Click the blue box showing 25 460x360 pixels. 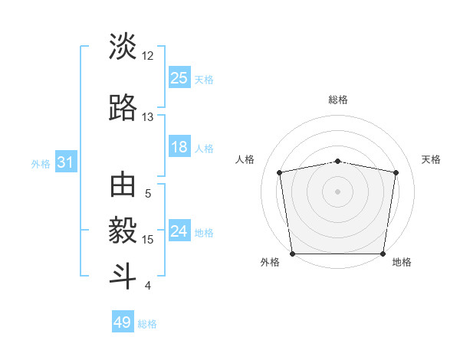coord(179,77)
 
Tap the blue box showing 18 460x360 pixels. coord(179,147)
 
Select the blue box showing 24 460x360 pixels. coord(179,231)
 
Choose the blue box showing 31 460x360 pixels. coord(64,162)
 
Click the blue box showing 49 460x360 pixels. coord(123,322)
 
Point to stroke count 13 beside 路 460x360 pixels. coord(147,117)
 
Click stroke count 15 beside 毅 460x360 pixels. coord(148,240)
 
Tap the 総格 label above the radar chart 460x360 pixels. coord(338,100)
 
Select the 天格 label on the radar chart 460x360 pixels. coord(432,159)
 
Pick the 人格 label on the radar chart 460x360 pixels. coord(245,159)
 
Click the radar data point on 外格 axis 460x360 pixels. coord(292,254)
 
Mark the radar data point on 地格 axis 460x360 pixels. coord(383,254)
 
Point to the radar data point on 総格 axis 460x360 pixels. coord(338,161)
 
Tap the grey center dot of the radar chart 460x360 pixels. coord(338,191)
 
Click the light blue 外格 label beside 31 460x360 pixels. coord(41,163)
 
